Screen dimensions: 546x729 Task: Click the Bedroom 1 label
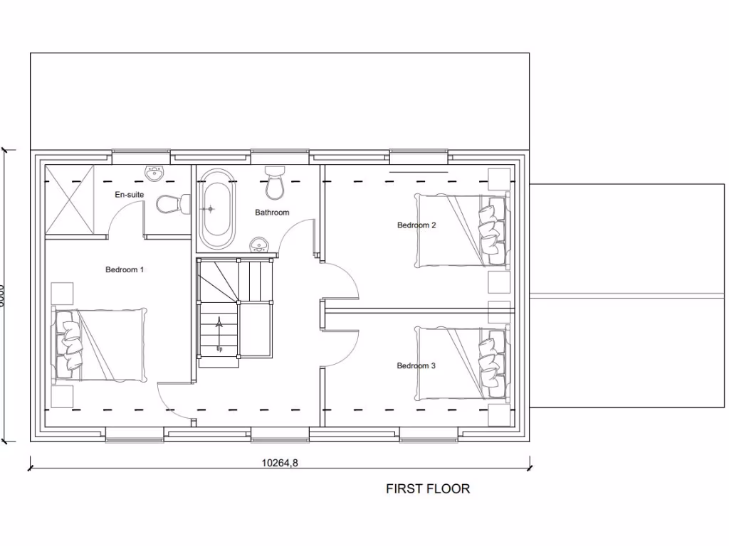coord(125,269)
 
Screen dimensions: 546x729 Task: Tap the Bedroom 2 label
coord(416,225)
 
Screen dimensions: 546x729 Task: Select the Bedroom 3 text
coord(416,366)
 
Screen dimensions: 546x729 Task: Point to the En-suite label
coord(129,194)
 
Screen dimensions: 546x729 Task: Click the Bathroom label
coord(272,213)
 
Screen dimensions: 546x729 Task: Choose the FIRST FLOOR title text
coord(428,488)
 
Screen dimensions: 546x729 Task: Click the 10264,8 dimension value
coord(280,463)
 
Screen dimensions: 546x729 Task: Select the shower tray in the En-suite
coord(70,200)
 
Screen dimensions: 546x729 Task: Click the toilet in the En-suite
coord(172,205)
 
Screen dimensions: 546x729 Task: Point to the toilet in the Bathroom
coord(274,183)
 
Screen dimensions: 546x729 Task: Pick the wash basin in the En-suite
coord(154,173)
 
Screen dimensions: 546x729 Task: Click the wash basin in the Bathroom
coord(260,245)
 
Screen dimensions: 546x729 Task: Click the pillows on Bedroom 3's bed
coord(491,364)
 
